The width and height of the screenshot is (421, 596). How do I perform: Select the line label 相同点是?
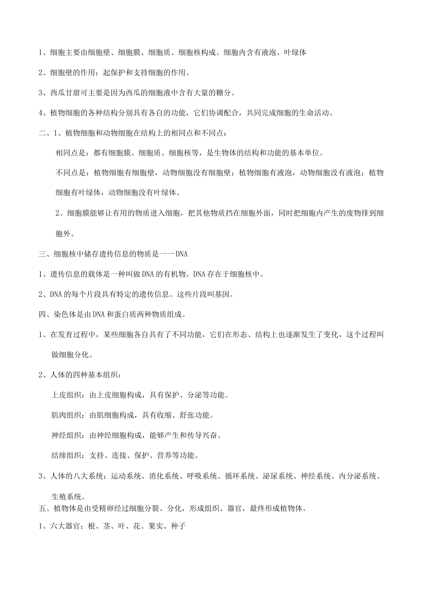[x=71, y=153]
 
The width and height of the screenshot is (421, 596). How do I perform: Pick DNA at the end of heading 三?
[x=182, y=254]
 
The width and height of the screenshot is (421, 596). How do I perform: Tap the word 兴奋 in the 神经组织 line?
[x=214, y=435]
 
